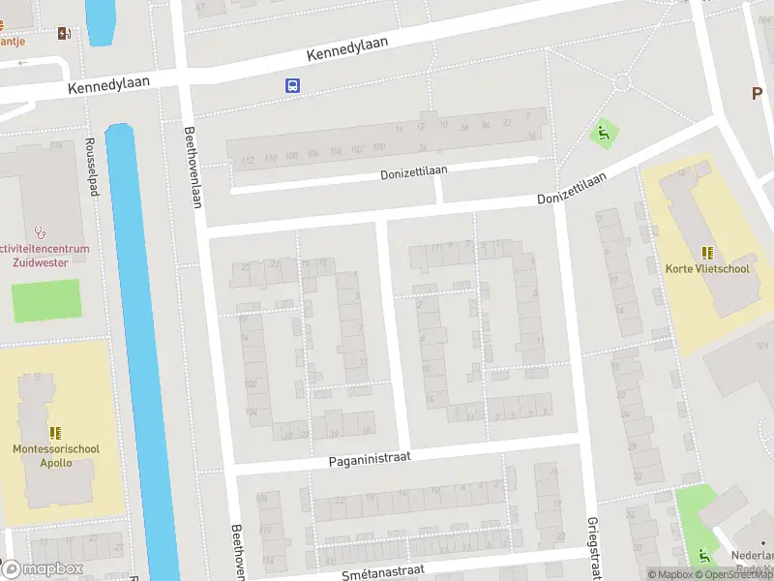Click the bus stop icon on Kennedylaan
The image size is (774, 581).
(x=292, y=85)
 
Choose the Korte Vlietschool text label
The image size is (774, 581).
(x=706, y=268)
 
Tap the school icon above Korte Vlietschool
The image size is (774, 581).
(x=706, y=252)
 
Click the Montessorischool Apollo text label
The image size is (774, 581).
(x=55, y=455)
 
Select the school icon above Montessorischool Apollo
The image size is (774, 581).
(x=55, y=433)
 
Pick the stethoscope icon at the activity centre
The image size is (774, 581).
(x=40, y=232)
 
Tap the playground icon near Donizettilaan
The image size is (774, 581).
(x=605, y=134)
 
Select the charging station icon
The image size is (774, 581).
(x=64, y=34)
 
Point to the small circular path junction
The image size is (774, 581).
(x=621, y=82)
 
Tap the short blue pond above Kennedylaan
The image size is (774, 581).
(x=99, y=21)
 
